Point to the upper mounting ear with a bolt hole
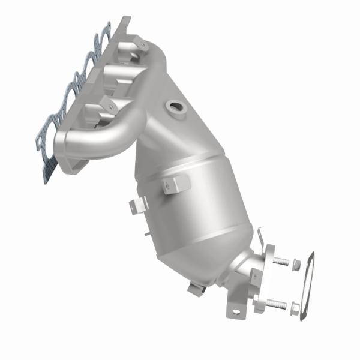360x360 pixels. point(139,43)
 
